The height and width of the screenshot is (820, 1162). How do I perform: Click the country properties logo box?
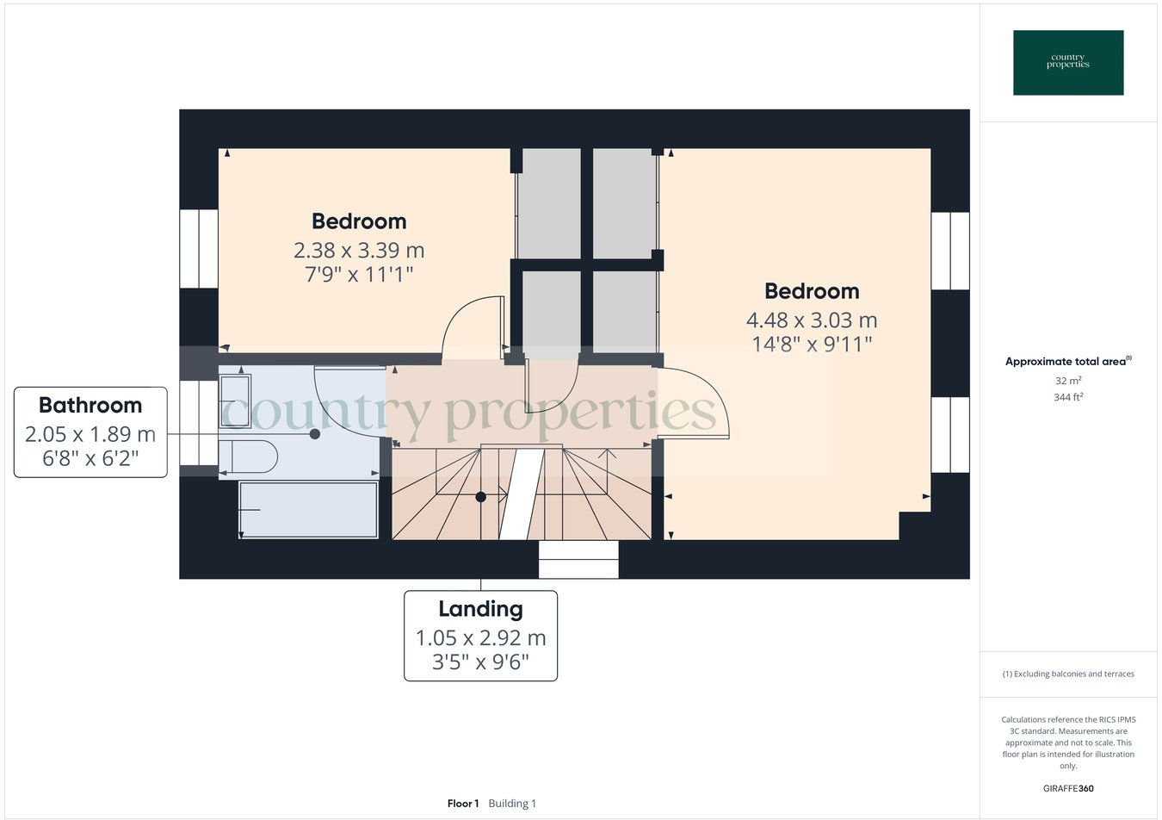pos(1068,63)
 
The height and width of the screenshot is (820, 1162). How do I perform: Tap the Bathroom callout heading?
pos(90,405)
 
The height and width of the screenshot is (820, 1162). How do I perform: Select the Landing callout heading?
pos(480,609)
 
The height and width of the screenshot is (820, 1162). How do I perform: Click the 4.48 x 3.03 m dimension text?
pos(812,320)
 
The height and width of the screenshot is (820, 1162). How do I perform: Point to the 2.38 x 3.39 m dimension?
pos(359,251)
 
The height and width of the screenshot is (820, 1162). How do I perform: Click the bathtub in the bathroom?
pos(308,510)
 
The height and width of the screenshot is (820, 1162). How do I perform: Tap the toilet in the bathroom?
pos(250,457)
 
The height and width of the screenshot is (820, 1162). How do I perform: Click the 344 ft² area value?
pos(1068,397)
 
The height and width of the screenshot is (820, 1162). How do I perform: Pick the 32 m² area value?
pos(1068,381)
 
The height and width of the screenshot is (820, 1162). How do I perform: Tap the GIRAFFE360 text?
pos(1068,788)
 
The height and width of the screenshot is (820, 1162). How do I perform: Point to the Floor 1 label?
pos(463,804)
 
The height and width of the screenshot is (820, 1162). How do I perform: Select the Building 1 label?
pos(512,804)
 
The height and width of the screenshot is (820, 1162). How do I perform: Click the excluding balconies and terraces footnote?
pos(1068,674)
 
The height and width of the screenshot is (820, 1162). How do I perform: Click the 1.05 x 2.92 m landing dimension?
pos(480,638)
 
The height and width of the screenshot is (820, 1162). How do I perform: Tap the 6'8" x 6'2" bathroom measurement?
pos(90,458)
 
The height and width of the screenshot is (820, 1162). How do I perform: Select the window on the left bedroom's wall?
pos(198,248)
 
